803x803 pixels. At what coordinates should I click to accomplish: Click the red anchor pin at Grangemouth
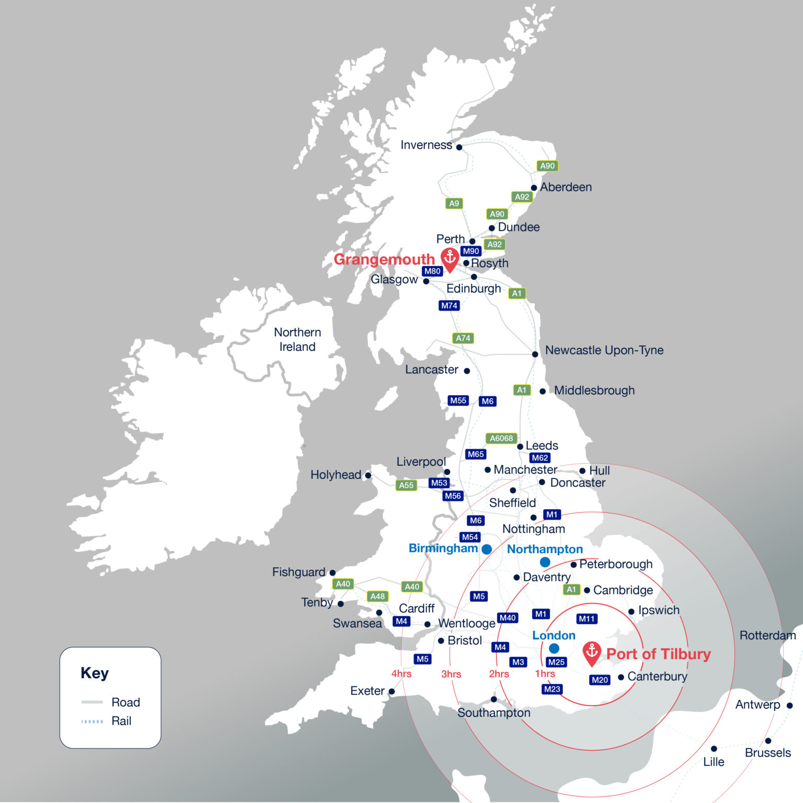coord(450,259)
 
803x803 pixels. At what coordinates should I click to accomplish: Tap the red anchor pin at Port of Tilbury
coord(592,653)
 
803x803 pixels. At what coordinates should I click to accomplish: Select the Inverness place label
coord(426,145)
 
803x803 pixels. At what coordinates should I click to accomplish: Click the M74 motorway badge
coord(449,305)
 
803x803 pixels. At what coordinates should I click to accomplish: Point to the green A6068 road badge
coord(501,438)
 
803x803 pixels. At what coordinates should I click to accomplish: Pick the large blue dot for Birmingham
coord(487,549)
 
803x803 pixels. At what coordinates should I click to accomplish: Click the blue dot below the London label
coord(554,648)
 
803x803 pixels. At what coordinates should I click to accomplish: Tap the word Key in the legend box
coord(95,673)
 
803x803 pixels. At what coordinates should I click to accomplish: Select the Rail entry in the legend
coord(121,721)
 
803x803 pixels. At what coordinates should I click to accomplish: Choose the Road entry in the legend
coord(125,702)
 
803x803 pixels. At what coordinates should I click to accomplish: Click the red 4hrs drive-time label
coord(401,674)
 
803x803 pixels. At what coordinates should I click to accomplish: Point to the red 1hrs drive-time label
coord(545,674)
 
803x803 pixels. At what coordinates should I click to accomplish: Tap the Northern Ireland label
coord(297,339)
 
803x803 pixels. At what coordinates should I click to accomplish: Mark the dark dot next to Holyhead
coord(368,475)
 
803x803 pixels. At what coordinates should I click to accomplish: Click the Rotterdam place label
coord(767,635)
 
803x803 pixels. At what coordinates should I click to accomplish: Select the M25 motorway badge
coord(556,662)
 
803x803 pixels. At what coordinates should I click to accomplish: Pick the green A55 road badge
coord(406,485)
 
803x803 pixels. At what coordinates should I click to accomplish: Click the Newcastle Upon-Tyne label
coord(604,350)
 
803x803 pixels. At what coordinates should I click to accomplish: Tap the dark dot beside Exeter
coord(392,692)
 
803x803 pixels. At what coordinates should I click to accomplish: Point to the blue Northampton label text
coord(545,549)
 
